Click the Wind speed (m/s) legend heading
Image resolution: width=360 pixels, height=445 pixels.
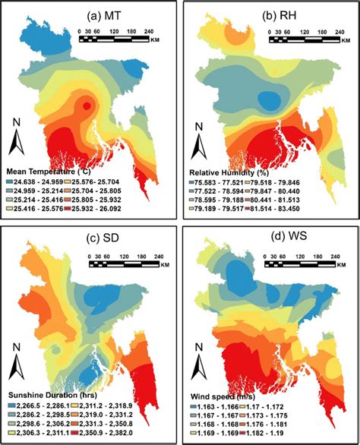pyautogui.click(x=222, y=396)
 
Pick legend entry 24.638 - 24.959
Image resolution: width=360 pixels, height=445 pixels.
pyautogui.click(x=46, y=183)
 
